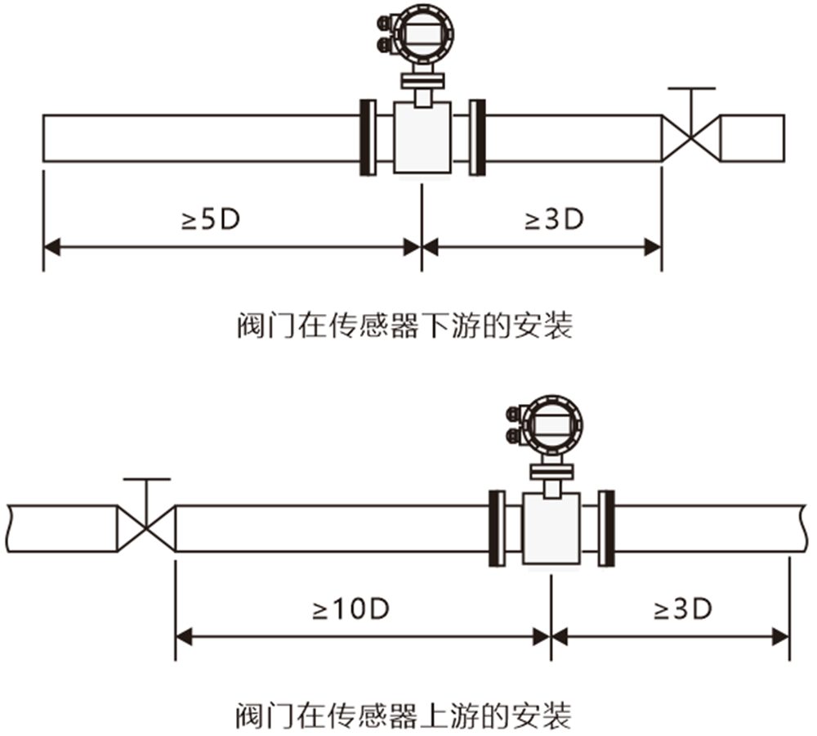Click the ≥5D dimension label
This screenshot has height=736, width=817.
(x=210, y=219)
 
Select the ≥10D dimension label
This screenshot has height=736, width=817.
(x=352, y=608)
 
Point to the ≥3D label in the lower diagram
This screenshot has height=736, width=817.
(x=682, y=608)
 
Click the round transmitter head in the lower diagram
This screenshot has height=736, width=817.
(x=553, y=424)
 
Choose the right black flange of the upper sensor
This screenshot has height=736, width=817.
(x=477, y=137)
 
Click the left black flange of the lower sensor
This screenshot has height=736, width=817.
(x=496, y=528)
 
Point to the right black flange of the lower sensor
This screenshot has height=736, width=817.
(x=606, y=528)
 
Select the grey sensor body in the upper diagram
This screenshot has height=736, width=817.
(x=422, y=137)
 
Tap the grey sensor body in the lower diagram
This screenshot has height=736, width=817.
(x=551, y=528)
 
